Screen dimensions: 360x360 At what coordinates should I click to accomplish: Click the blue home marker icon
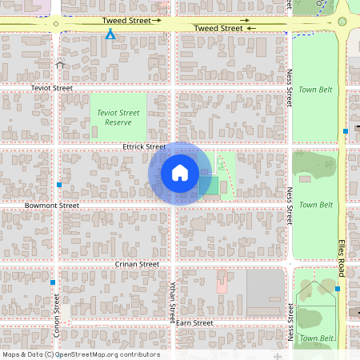(x=180, y=173)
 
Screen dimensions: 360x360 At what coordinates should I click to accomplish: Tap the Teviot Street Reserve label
(x=118, y=118)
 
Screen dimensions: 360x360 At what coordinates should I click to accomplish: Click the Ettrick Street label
(x=144, y=147)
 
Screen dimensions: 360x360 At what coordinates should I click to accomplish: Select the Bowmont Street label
(x=52, y=206)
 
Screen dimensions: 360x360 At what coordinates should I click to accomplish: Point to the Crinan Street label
(x=138, y=264)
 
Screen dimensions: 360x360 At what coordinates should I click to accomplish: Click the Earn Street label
(x=194, y=323)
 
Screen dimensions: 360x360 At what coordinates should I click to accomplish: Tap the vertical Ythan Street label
(x=173, y=301)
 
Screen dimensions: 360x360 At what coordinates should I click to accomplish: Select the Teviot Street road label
(x=52, y=88)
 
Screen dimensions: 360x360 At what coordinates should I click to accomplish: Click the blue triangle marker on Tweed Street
(x=110, y=34)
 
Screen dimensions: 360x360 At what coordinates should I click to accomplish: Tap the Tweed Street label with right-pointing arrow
(x=132, y=20)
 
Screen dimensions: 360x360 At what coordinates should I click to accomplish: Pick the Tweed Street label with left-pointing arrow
(x=225, y=28)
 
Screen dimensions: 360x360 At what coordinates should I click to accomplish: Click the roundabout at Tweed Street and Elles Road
(x=342, y=22)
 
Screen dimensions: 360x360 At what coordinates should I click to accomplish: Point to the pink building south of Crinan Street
(x=222, y=281)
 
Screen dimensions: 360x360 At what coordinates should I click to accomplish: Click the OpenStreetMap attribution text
(x=82, y=354)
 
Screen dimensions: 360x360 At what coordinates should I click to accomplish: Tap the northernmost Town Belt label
(x=315, y=90)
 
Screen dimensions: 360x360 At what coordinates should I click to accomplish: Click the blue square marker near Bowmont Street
(x=60, y=186)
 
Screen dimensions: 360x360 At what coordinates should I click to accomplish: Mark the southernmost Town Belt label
(x=315, y=338)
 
